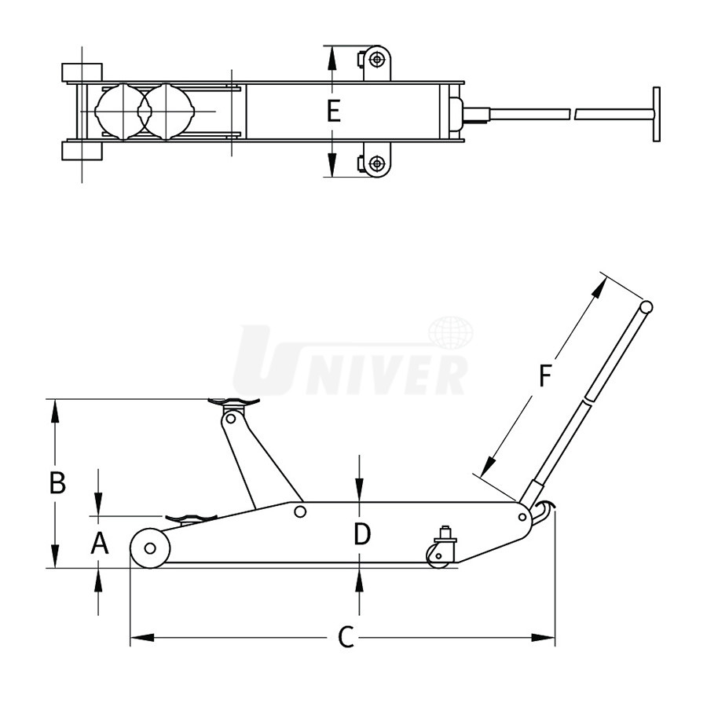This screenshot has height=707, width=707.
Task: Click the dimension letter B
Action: click(57, 482)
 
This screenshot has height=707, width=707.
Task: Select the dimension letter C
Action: click(346, 637)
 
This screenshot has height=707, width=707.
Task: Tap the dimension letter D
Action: click(361, 534)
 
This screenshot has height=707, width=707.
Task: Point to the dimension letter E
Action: click(333, 112)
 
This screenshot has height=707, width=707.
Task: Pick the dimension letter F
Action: click(545, 375)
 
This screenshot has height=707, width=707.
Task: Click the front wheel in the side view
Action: click(150, 548)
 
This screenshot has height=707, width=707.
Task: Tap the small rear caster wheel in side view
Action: click(438, 556)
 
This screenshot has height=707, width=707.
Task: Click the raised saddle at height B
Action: click(233, 401)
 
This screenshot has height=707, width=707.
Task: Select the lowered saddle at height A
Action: click(191, 518)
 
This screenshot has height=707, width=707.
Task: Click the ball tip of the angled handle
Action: click(647, 307)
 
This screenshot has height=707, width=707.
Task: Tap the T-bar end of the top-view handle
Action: click(656, 114)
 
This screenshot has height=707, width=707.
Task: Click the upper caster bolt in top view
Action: click(376, 59)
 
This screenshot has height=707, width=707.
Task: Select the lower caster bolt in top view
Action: click(376, 163)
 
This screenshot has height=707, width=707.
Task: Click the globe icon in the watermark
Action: click(450, 333)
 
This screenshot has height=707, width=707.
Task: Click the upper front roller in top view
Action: click(82, 72)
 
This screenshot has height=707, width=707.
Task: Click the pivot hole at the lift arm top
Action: click(230, 419)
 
